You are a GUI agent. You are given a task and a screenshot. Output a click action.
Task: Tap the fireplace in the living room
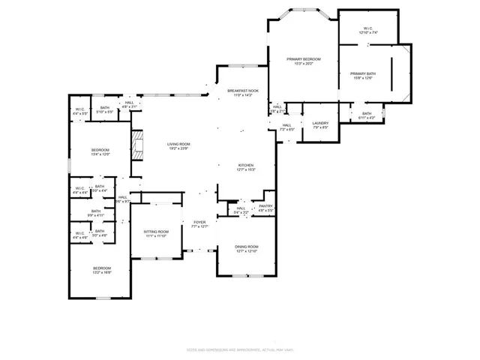click(136, 143)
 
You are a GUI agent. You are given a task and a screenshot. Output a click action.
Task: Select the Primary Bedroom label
click(304, 61)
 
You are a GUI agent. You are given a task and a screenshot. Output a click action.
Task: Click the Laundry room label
click(320, 124)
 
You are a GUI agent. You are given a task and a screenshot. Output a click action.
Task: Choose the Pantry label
click(265, 208)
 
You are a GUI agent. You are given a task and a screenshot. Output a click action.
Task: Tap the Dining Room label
click(247, 249)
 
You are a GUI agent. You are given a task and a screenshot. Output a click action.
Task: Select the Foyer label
click(199, 225)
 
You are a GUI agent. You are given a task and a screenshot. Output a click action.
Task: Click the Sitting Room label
click(157, 234)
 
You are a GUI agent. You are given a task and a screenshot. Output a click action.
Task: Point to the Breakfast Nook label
click(243, 93)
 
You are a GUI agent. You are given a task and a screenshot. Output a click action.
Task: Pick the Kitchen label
click(246, 167)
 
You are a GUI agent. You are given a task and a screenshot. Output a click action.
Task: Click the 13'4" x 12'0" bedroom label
click(100, 151)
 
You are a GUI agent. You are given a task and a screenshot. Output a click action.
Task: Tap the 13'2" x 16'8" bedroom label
click(102, 271)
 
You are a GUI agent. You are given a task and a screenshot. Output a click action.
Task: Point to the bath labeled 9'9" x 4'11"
click(96, 213)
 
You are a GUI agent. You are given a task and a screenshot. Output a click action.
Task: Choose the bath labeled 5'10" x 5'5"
click(105, 109)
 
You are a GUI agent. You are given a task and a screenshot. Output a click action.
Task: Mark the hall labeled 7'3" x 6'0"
click(286, 127)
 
